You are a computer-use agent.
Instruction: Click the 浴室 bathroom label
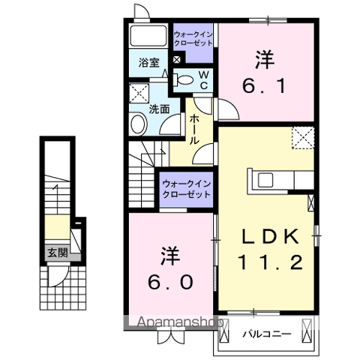pyautogui.click(x=149, y=64)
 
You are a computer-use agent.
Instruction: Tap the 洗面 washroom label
pyautogui.click(x=159, y=109)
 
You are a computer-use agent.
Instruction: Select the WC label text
pyautogui.click(x=203, y=79)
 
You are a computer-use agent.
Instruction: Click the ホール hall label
pyautogui.click(x=194, y=130)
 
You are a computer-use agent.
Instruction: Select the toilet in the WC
pyautogui.click(x=184, y=79)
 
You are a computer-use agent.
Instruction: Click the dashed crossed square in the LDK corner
pyautogui.click(x=304, y=137)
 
